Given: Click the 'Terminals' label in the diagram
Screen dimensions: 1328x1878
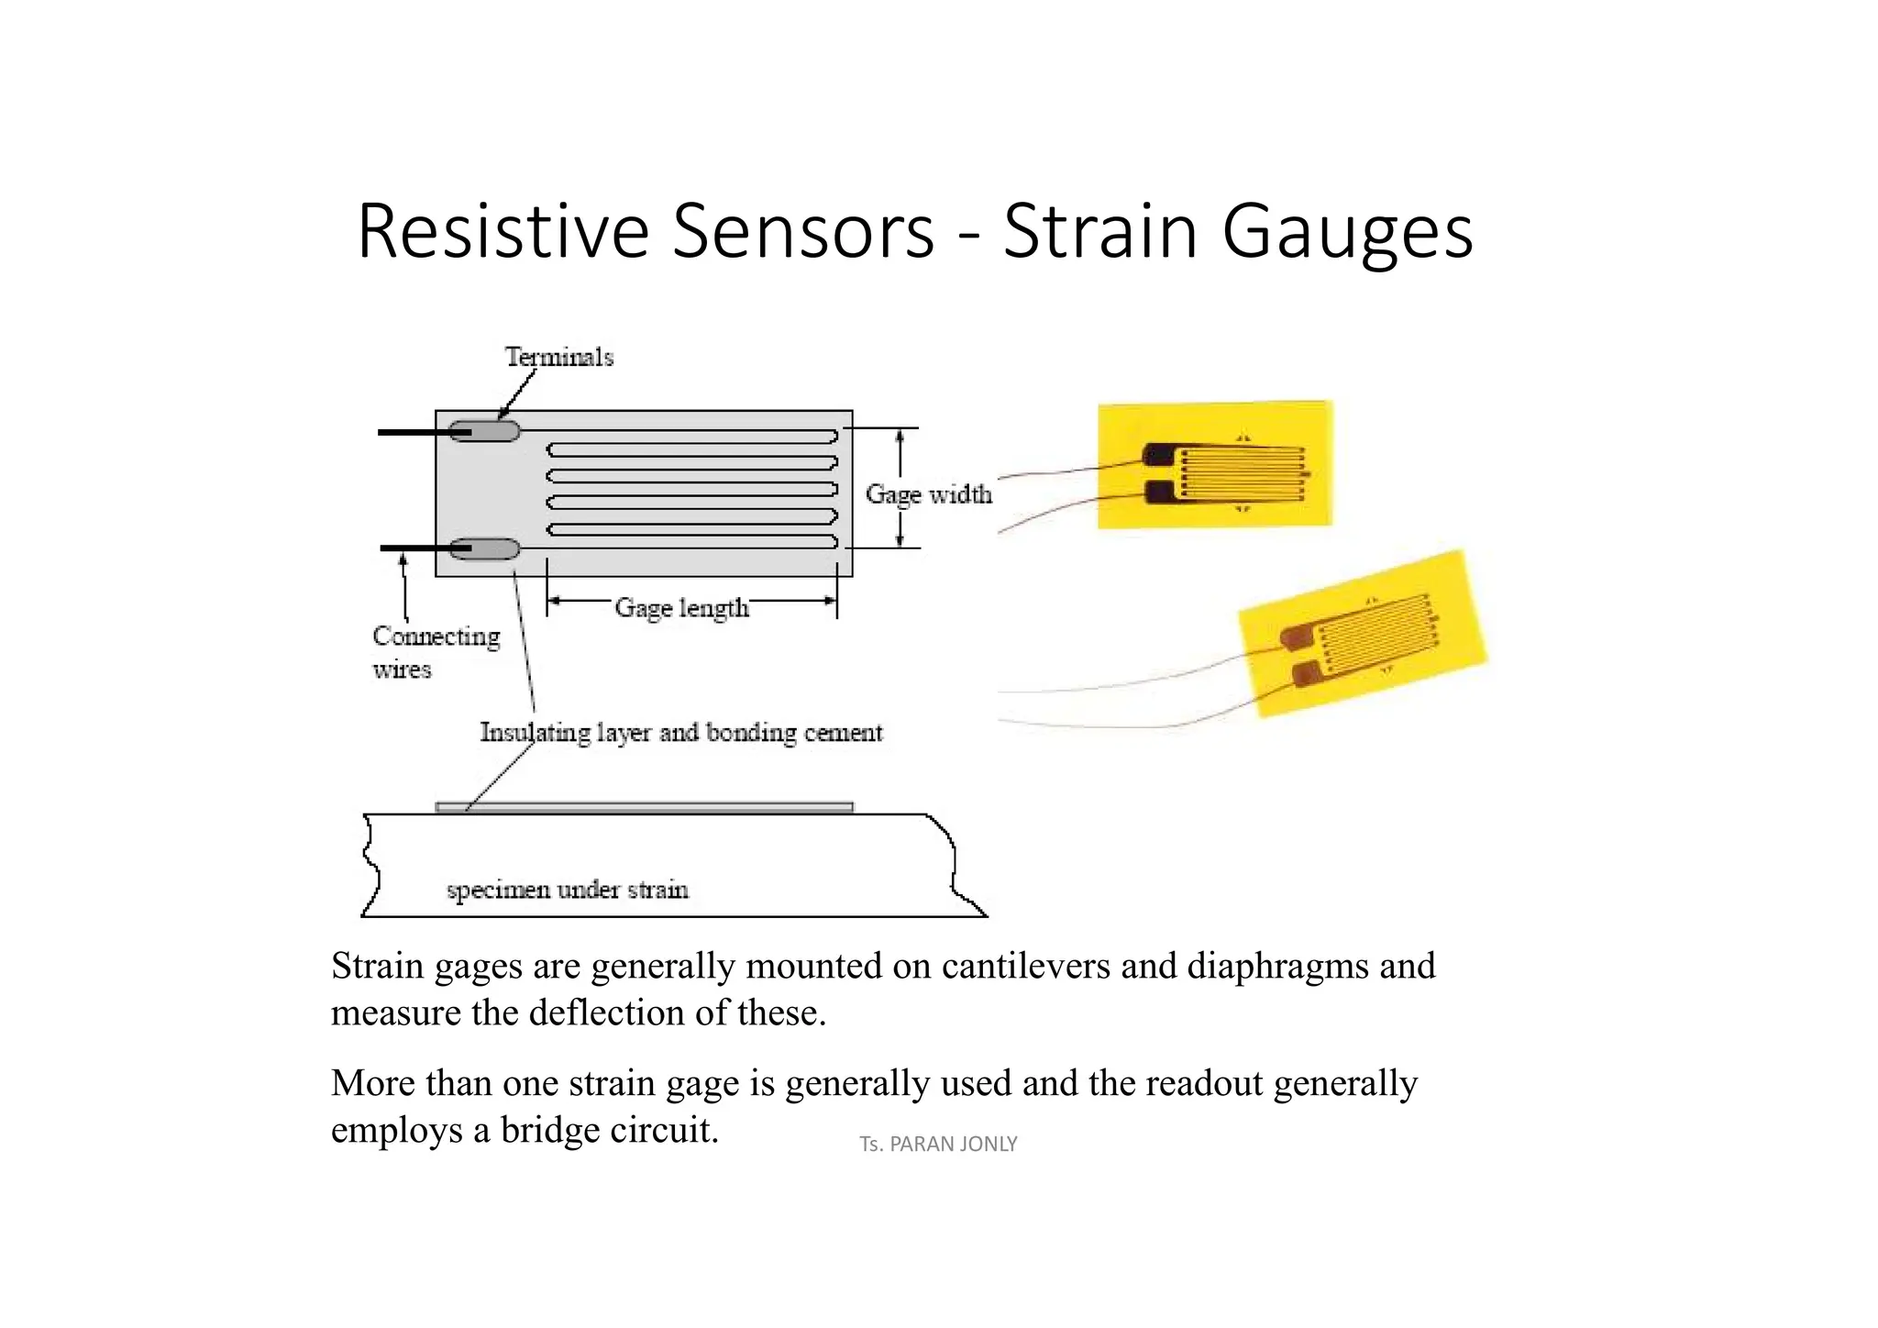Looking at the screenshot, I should (x=558, y=357).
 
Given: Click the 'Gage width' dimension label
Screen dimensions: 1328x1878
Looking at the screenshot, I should (x=928, y=494).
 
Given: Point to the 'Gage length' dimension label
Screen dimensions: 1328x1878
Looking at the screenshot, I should (x=681, y=607).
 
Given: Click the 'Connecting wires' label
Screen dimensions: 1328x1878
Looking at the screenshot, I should (x=435, y=652).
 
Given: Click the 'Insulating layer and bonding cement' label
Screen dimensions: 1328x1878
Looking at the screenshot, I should (x=680, y=732).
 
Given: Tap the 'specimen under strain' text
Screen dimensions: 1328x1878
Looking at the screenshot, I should (x=567, y=890).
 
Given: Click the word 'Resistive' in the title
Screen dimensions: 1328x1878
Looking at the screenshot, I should (x=503, y=231).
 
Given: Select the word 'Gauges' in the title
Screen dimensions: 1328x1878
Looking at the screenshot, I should (x=1347, y=231).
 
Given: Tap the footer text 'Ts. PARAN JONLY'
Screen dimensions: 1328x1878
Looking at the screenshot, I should (x=938, y=1144).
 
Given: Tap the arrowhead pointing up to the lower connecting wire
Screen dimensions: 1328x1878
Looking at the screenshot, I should (x=403, y=560).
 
